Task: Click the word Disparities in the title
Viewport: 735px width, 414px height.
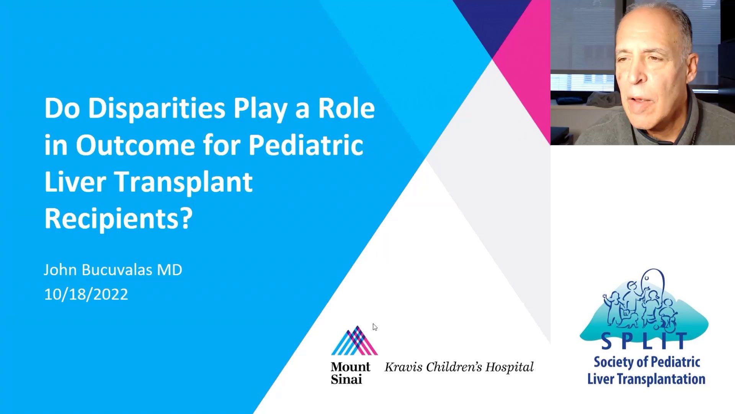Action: pyautogui.click(x=157, y=108)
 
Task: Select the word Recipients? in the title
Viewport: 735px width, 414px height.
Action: pyautogui.click(x=118, y=219)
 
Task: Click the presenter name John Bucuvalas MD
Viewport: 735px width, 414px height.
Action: pyautogui.click(x=113, y=270)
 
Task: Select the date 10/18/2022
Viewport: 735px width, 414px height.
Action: pyautogui.click(x=86, y=294)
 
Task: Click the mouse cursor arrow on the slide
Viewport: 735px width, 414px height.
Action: pyautogui.click(x=375, y=327)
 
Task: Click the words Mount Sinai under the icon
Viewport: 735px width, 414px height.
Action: pyautogui.click(x=351, y=373)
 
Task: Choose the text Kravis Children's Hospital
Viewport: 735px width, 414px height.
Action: pyautogui.click(x=459, y=367)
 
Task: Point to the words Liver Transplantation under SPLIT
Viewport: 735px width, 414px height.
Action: pyautogui.click(x=646, y=379)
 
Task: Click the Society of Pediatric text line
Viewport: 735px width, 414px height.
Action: pyautogui.click(x=647, y=362)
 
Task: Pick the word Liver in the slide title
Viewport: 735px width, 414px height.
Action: pyautogui.click(x=75, y=182)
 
